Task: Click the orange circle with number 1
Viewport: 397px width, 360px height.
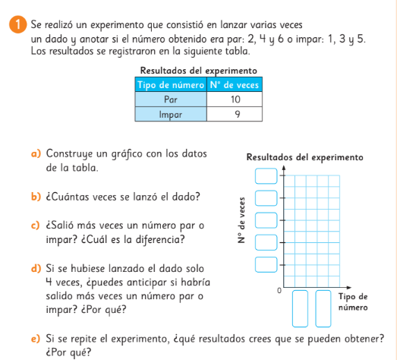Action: pos(17,24)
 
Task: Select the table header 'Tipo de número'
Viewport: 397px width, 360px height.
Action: pos(171,84)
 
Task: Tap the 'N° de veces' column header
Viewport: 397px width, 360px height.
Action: pos(235,84)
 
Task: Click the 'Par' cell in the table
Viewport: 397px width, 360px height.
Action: pos(171,99)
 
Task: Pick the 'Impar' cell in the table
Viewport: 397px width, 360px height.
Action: pos(171,114)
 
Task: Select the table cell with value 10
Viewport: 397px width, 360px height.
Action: pos(235,99)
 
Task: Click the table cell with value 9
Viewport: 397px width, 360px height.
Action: pos(235,114)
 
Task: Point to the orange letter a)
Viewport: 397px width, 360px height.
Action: pos(36,153)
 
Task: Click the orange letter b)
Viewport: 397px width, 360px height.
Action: pos(36,197)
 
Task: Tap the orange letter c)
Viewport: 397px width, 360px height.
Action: pos(36,226)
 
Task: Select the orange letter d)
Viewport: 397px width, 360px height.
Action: pos(36,268)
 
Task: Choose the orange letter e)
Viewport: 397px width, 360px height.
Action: pos(36,339)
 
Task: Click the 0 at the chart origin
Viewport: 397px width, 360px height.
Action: pos(279,291)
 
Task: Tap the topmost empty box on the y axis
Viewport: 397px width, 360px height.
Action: pos(266,175)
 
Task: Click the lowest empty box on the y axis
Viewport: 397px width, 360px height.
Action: pos(266,265)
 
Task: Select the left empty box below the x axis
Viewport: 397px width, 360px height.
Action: pos(300,308)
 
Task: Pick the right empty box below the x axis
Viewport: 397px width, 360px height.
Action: pos(323,308)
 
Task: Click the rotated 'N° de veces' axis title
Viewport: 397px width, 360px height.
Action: pos(242,220)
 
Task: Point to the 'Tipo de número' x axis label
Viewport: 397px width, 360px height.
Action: pos(353,302)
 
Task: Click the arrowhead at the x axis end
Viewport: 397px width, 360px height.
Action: pos(349,288)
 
